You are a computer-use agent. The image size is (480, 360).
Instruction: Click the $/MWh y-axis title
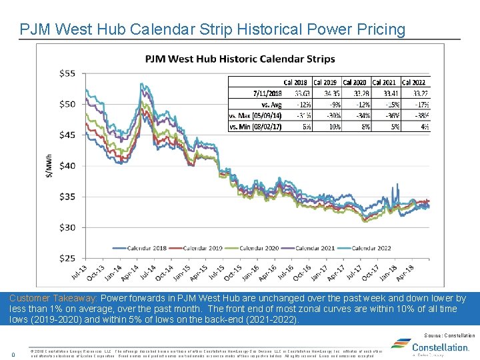coord(48,165)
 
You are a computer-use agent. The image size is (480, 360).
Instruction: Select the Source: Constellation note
coord(450,335)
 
